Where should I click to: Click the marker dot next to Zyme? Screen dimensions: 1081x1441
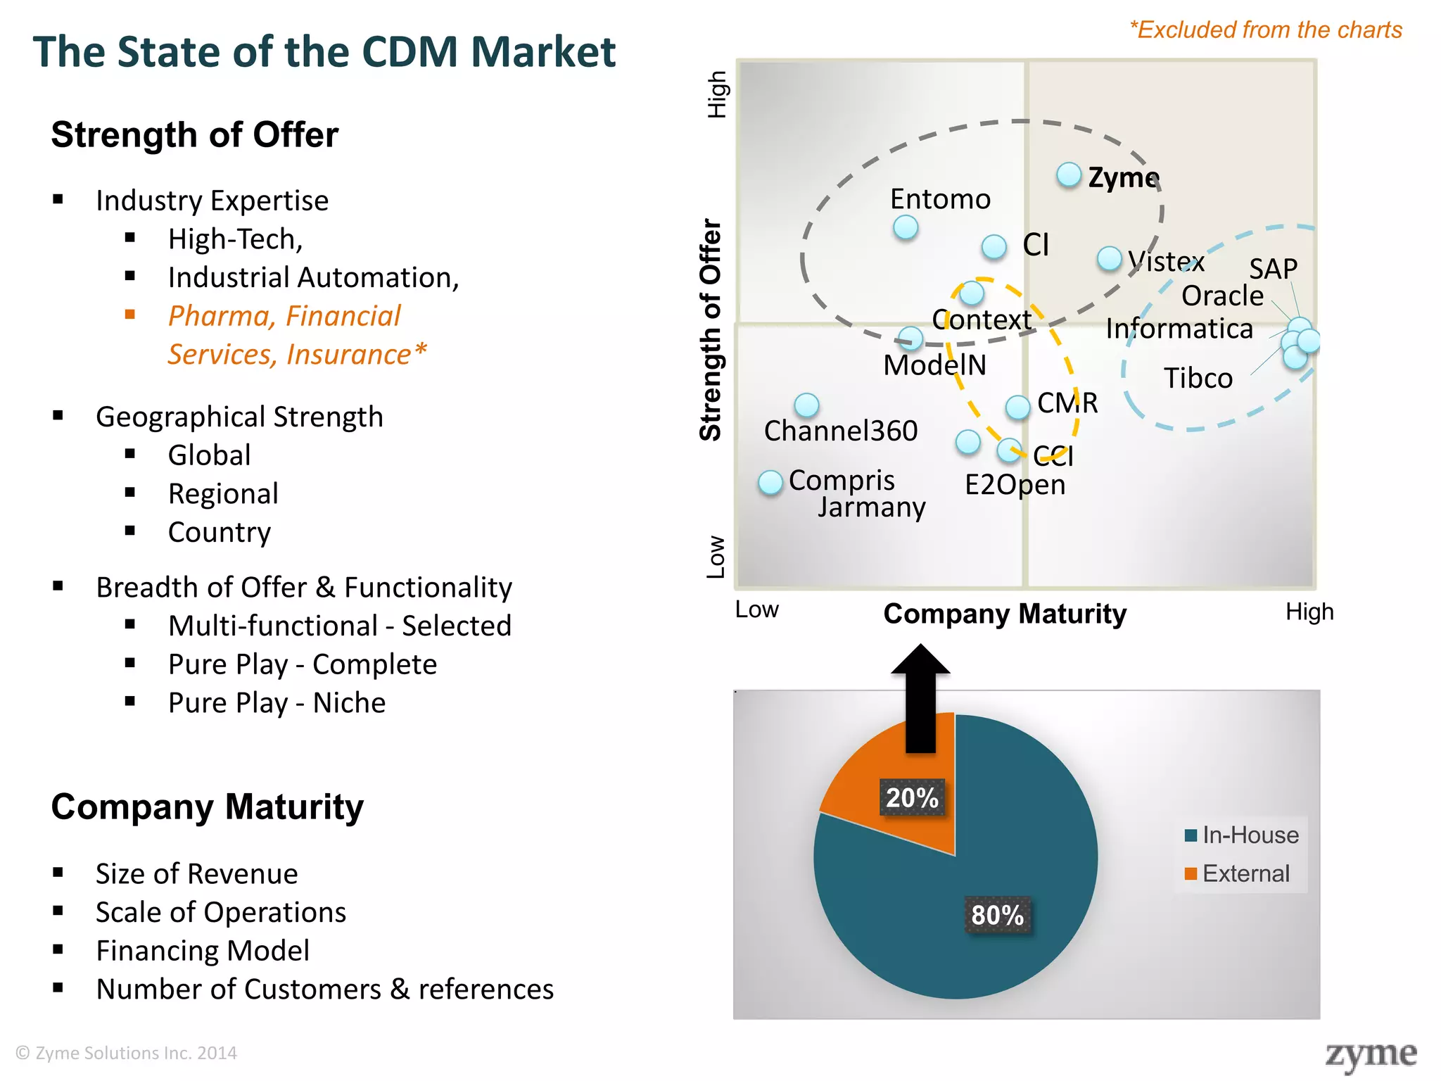pyautogui.click(x=1069, y=175)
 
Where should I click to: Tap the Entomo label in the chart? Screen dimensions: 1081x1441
pyautogui.click(x=940, y=199)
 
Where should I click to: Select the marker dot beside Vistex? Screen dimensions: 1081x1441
pyautogui.click(x=1110, y=258)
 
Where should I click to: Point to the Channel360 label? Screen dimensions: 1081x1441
pyautogui.click(x=841, y=431)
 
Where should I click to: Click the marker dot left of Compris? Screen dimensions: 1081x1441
pyautogui.click(x=770, y=483)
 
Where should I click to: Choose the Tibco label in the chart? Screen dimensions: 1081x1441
pyautogui.click(x=1198, y=379)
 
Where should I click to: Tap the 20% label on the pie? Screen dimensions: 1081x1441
pyautogui.click(x=912, y=798)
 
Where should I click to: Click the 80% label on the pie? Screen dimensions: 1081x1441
pyautogui.click(x=997, y=915)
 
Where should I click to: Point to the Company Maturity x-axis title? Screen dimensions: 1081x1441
pyautogui.click(x=1005, y=614)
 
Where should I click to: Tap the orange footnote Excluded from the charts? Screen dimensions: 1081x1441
pyautogui.click(x=1266, y=30)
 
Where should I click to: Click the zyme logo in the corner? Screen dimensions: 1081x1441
pyautogui.click(x=1371, y=1055)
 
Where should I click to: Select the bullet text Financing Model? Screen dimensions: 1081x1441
pyautogui.click(x=203, y=951)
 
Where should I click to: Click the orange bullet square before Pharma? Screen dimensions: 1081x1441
pyautogui.click(x=130, y=315)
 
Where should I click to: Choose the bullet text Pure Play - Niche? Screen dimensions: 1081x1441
pyautogui.click(x=277, y=703)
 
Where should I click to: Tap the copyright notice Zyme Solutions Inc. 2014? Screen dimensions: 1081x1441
pyautogui.click(x=127, y=1053)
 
